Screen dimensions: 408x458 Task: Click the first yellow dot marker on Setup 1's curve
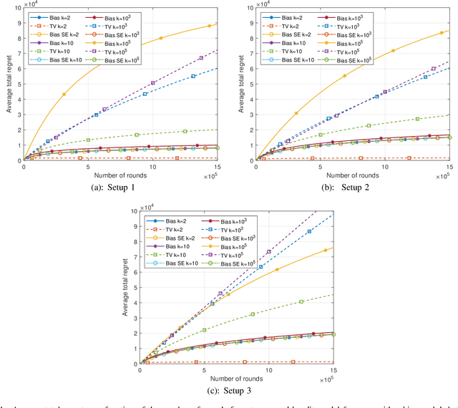click(64, 94)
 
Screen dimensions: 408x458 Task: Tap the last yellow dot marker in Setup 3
click(326, 251)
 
